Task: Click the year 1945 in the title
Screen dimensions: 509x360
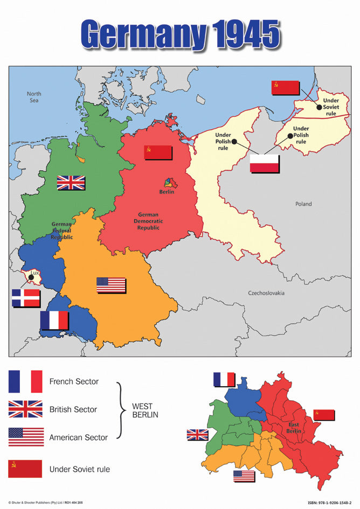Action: (x=245, y=35)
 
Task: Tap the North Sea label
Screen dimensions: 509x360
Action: (x=34, y=97)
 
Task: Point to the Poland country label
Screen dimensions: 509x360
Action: (x=303, y=204)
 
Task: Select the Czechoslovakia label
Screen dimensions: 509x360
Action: (x=266, y=293)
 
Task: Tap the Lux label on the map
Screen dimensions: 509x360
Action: (x=35, y=273)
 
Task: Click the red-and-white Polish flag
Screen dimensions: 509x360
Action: (x=265, y=163)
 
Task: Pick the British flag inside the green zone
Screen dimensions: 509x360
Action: (x=71, y=183)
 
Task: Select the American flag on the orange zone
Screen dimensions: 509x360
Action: (x=111, y=285)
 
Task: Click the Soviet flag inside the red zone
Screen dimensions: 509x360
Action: (x=158, y=152)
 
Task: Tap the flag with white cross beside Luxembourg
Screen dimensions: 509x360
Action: (x=26, y=298)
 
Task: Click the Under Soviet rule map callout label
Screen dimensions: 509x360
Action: (x=331, y=107)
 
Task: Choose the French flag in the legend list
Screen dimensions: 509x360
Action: (x=25, y=381)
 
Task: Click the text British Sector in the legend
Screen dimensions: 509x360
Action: (x=73, y=409)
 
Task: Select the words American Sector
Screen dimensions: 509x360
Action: (x=79, y=437)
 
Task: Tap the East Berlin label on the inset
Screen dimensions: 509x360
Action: (x=293, y=428)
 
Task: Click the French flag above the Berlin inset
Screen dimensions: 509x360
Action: (x=224, y=379)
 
